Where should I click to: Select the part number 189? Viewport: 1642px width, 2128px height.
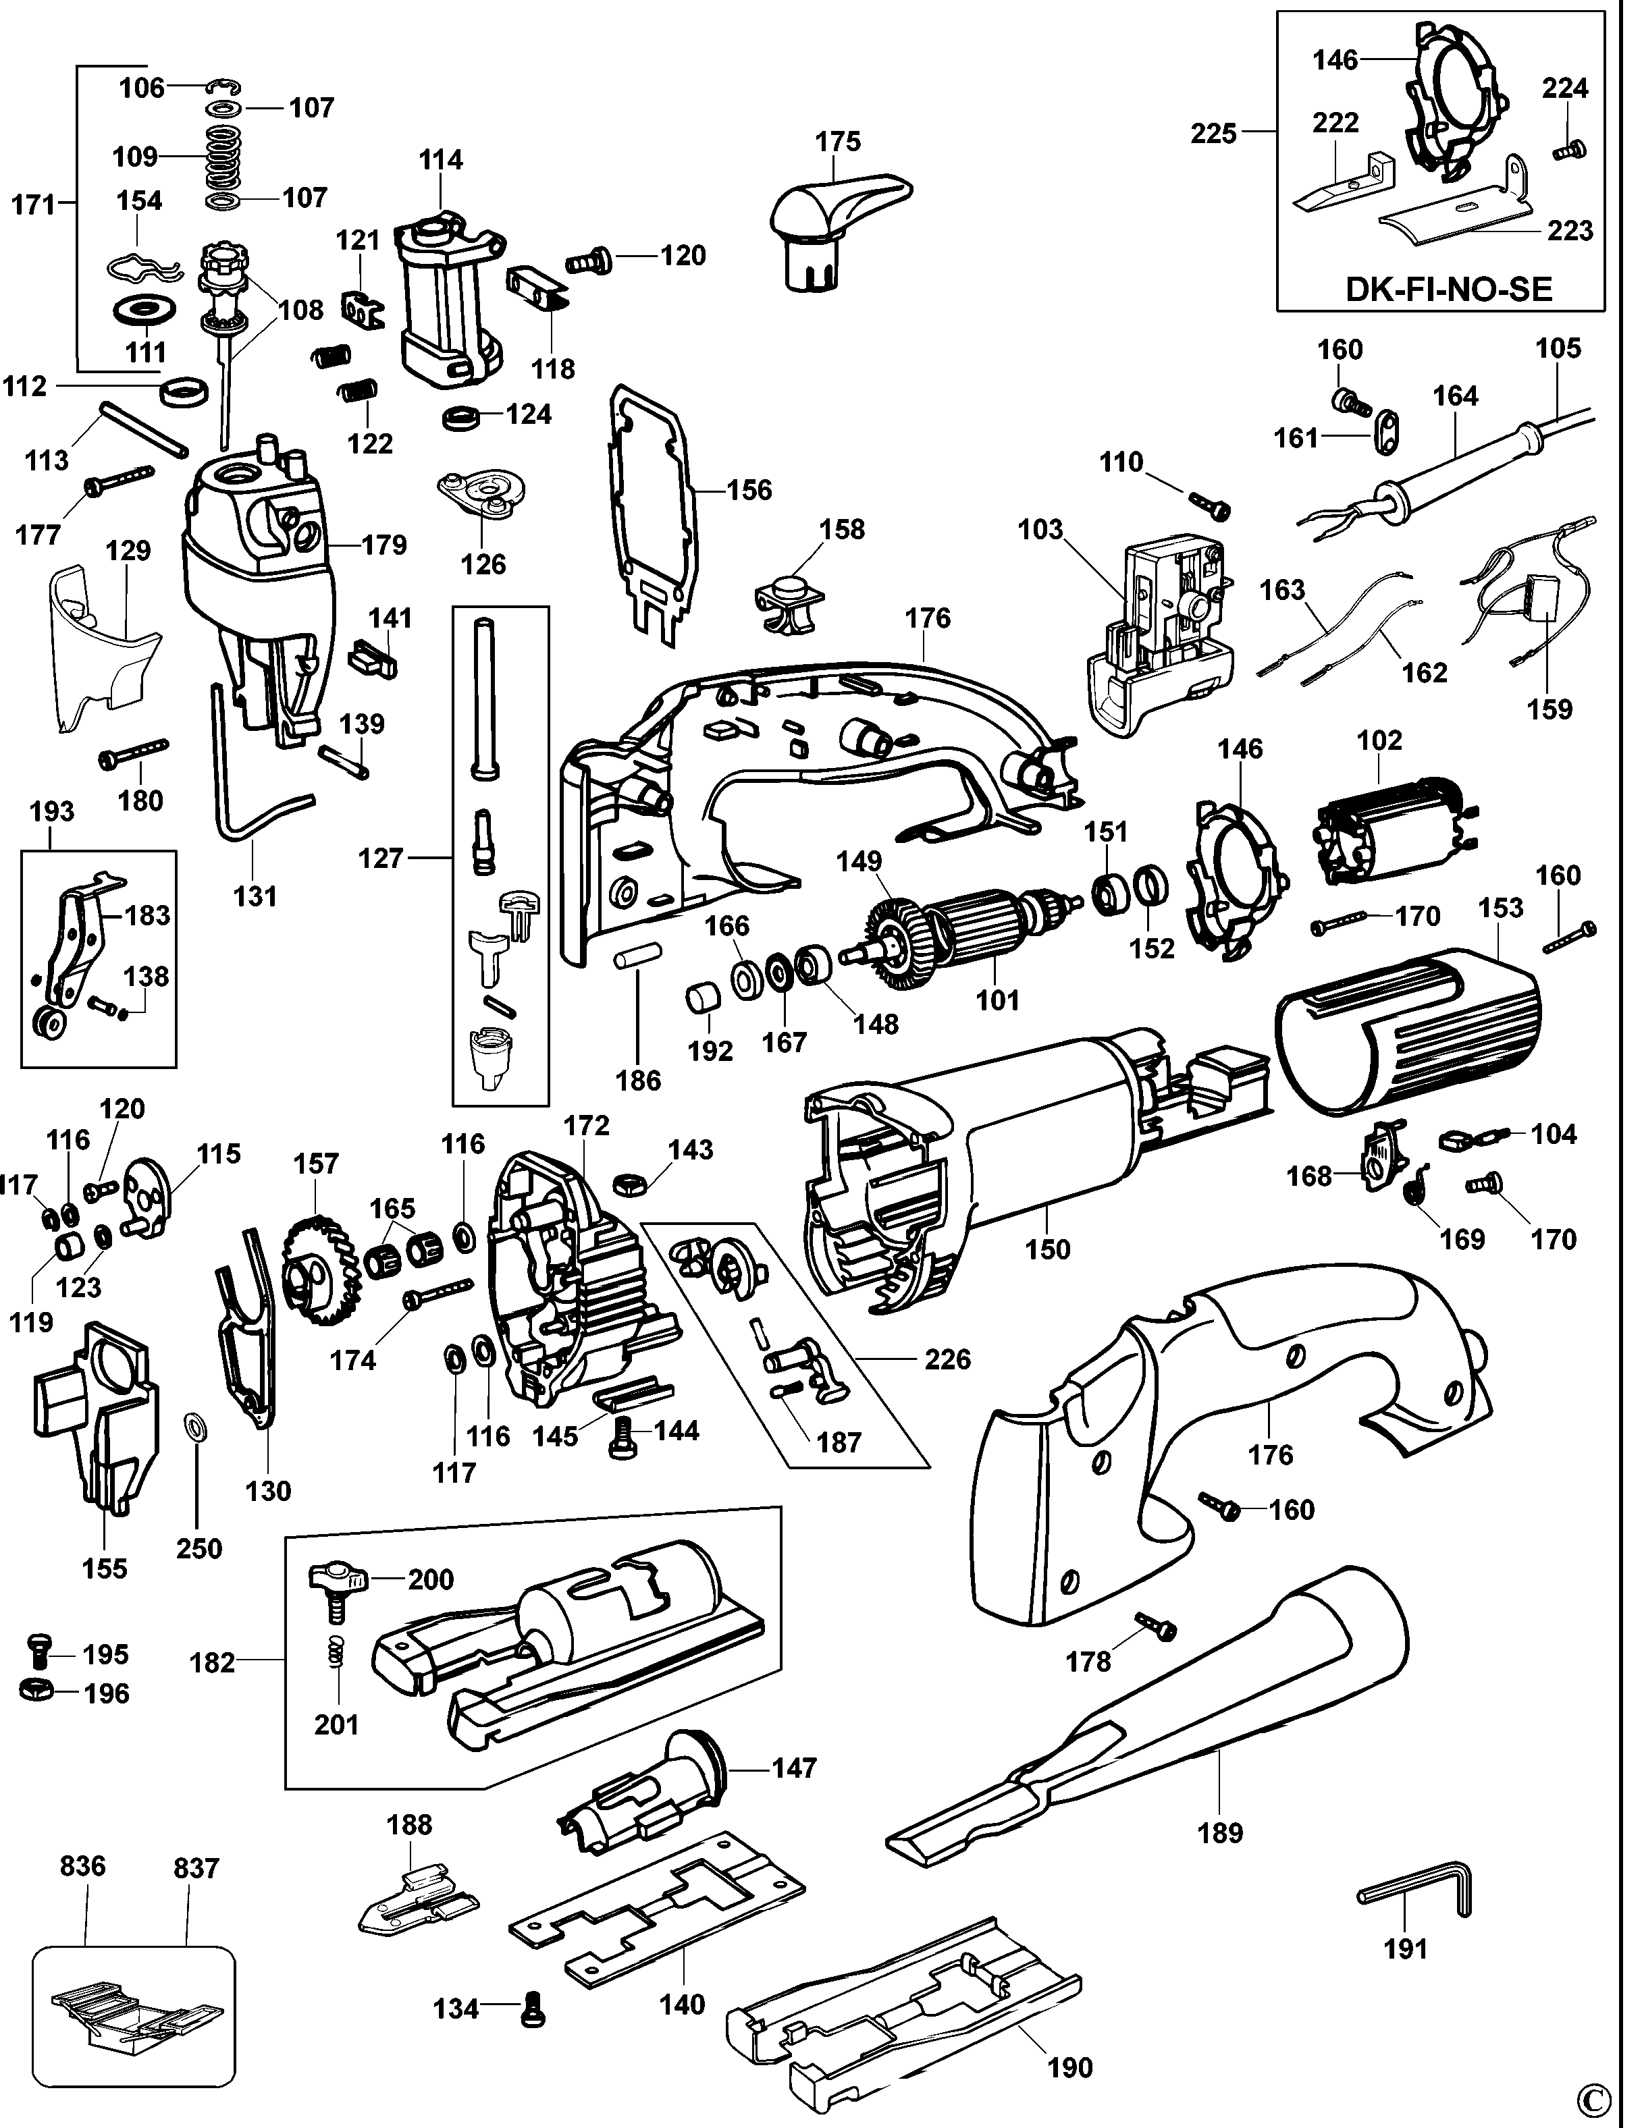pos(1220,1833)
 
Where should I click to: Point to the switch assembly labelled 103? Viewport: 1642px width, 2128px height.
pos(1160,628)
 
